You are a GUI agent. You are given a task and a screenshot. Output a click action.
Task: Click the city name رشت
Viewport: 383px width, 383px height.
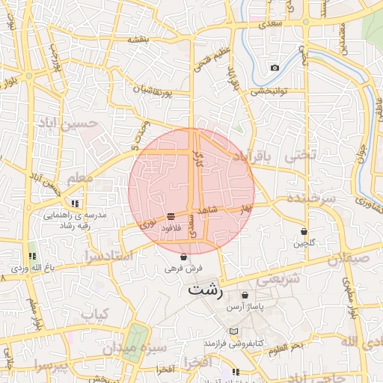click(x=206, y=289)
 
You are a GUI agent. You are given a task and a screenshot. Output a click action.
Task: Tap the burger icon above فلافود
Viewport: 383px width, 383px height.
click(x=171, y=215)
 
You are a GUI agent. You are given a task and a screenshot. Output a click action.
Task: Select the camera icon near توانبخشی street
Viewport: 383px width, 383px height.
click(x=275, y=68)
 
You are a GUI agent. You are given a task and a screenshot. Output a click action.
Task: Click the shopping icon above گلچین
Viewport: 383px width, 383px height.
click(x=304, y=232)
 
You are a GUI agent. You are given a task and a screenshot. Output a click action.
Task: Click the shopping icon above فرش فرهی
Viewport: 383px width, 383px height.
click(x=184, y=257)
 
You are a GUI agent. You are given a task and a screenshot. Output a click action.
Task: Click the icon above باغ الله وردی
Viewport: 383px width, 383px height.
click(x=31, y=255)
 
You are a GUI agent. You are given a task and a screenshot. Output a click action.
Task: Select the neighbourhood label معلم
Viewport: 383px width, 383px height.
click(x=79, y=178)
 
